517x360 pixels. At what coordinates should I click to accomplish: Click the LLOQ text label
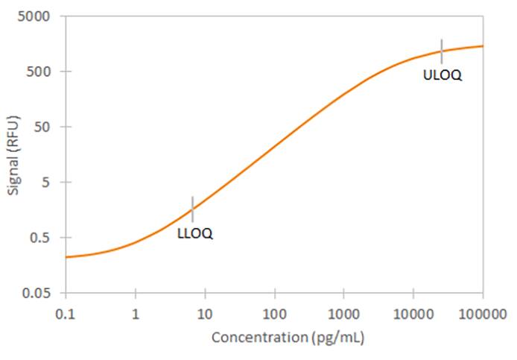point(195,233)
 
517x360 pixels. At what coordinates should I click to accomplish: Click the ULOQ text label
point(443,75)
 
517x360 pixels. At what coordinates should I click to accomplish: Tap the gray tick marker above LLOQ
point(193,209)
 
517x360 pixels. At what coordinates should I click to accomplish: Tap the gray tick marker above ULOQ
point(442,51)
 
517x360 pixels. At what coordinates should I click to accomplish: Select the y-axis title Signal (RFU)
point(13,155)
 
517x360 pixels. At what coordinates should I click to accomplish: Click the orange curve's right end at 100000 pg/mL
point(482,46)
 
